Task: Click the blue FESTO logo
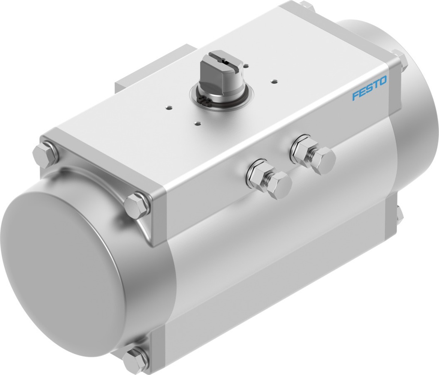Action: coord(369,88)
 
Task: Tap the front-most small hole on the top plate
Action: coord(197,123)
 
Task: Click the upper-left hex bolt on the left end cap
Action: coord(45,153)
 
